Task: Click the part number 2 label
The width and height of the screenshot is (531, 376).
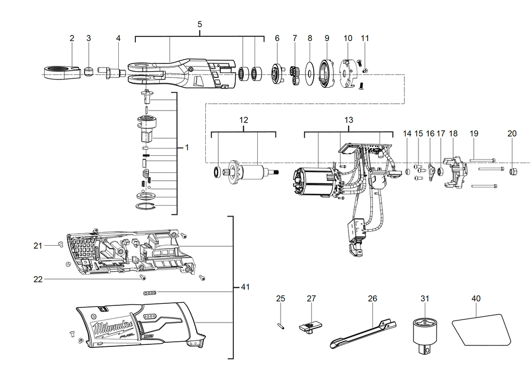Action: pyautogui.click(x=72, y=38)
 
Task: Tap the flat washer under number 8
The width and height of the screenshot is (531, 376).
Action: pyautogui.click(x=310, y=73)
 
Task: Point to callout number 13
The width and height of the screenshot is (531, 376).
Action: pyautogui.click(x=348, y=120)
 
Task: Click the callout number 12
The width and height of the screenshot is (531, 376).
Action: pyautogui.click(x=243, y=120)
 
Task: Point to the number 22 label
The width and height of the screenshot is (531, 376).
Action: pyautogui.click(x=38, y=279)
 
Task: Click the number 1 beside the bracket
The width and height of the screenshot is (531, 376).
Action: pyautogui.click(x=187, y=147)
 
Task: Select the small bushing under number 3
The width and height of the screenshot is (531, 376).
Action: pyautogui.click(x=89, y=71)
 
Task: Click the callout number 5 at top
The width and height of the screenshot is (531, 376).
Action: pyautogui.click(x=200, y=24)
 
